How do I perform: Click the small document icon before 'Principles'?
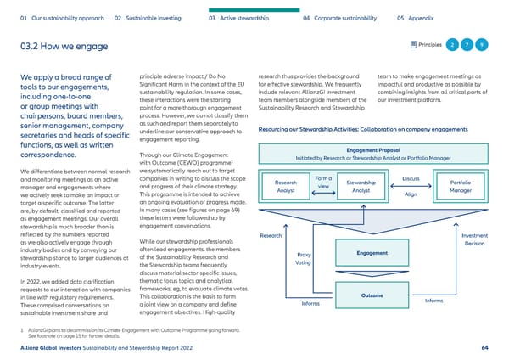tap(412, 45)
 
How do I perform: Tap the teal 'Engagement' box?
tap(372, 253)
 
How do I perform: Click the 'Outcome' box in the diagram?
tap(372, 295)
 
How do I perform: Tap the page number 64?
tap(484, 347)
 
